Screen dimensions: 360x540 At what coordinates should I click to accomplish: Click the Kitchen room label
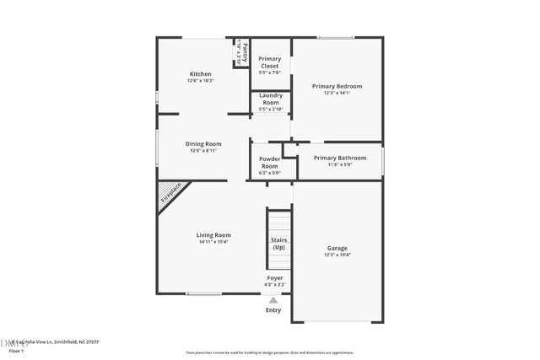[200, 74]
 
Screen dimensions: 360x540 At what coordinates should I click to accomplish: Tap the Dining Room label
[203, 143]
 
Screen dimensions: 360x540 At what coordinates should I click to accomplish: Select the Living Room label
[213, 234]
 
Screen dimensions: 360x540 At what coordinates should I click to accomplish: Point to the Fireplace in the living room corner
[171, 194]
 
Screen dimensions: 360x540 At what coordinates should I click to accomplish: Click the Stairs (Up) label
[278, 244]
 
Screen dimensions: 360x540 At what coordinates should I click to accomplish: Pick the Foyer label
[275, 277]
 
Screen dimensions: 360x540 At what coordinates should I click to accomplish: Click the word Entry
[273, 309]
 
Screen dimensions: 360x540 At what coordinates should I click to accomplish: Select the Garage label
[337, 248]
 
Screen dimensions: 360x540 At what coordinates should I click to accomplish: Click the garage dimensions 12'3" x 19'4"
[337, 255]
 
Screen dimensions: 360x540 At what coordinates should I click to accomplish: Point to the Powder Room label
[269, 162]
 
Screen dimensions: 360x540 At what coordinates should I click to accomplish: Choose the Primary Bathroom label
[340, 158]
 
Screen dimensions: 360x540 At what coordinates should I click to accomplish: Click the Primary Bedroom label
[337, 86]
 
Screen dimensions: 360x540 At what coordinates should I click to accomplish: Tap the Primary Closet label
[270, 62]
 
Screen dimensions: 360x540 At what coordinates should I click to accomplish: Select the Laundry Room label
[270, 101]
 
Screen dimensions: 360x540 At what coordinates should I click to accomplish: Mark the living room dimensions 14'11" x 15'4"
[213, 242]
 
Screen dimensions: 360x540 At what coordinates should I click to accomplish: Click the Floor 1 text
[17, 351]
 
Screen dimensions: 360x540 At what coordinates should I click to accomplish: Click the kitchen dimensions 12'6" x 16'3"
[201, 81]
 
